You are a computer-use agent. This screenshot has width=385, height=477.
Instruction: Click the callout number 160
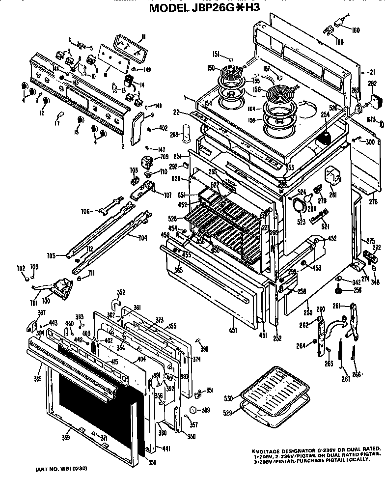coord(356,30)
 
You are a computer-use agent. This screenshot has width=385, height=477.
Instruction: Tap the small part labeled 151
coord(232,60)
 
